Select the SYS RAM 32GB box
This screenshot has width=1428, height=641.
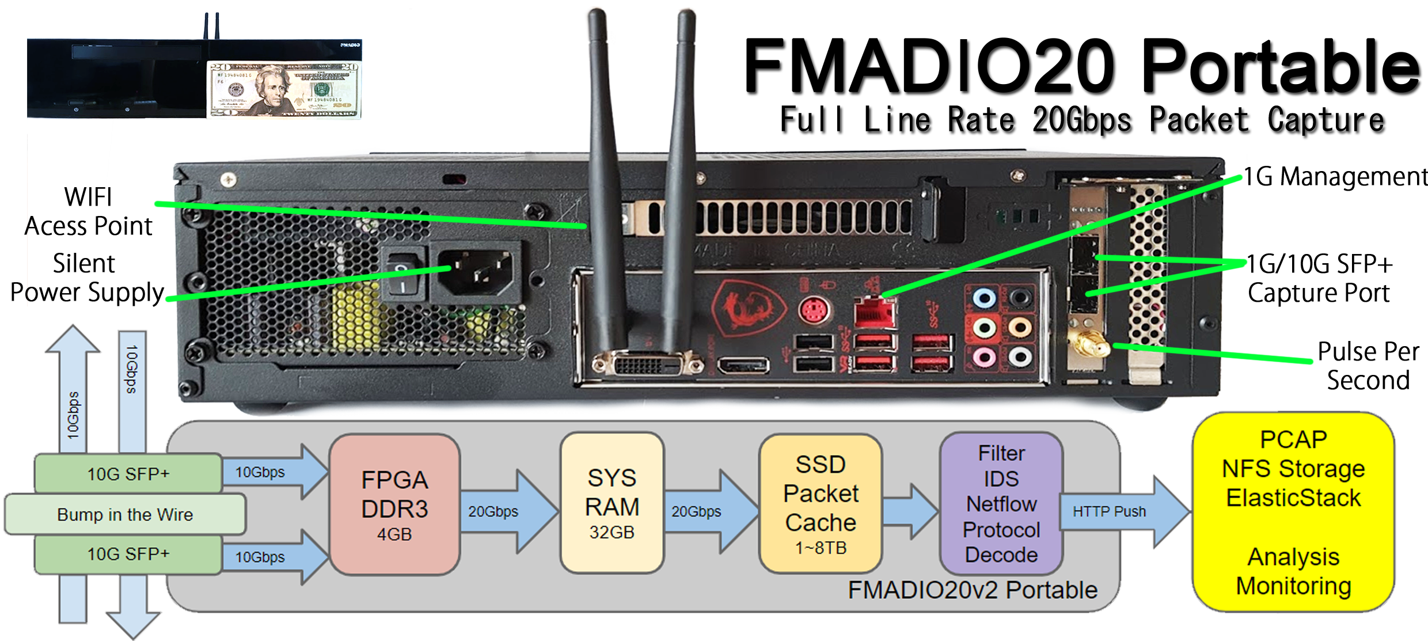pyautogui.click(x=612, y=503)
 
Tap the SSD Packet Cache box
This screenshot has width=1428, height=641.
pyautogui.click(x=821, y=505)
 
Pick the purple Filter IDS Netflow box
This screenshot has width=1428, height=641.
pyautogui.click(x=1001, y=503)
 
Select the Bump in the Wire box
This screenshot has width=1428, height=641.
pyautogui.click(x=125, y=514)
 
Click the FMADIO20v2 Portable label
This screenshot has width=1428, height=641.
pyautogui.click(x=973, y=590)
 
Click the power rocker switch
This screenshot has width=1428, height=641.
pyautogui.click(x=401, y=275)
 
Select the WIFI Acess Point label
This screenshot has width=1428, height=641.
pyautogui.click(x=88, y=211)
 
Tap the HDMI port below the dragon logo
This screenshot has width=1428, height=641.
pyautogui.click(x=743, y=365)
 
